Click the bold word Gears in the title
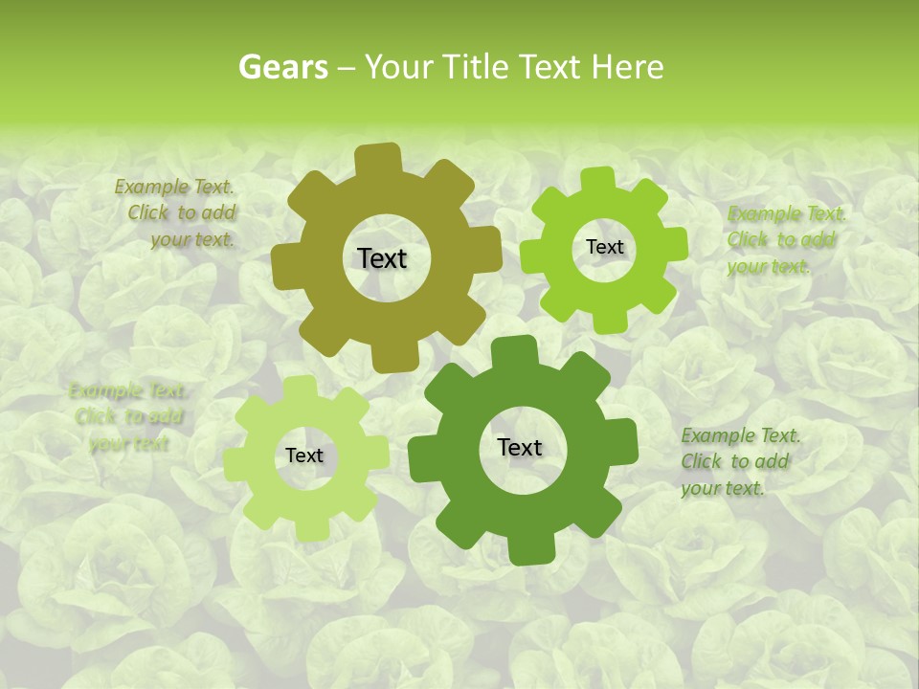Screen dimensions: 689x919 [283, 67]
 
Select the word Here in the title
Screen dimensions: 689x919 [627, 67]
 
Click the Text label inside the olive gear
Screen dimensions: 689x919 [382, 258]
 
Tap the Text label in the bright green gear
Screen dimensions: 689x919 [604, 247]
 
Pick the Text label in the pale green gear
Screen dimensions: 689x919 [304, 456]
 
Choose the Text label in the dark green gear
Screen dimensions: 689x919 [520, 448]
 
